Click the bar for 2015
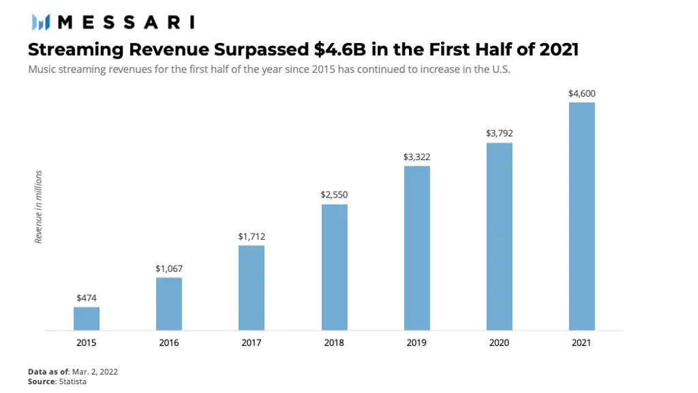click(87, 319)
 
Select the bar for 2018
click(334, 267)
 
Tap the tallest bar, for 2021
click(581, 216)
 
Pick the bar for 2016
click(169, 304)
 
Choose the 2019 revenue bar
click(416, 248)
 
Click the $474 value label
click(87, 298)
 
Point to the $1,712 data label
click(252, 236)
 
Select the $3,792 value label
click(499, 133)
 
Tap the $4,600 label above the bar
click(581, 93)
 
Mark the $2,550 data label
click(334, 195)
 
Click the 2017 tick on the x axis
click(252, 343)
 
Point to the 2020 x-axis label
click(499, 343)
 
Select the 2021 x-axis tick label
click(581, 343)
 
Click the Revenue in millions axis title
click(39, 207)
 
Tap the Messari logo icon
click(41, 22)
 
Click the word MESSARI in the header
click(127, 22)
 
